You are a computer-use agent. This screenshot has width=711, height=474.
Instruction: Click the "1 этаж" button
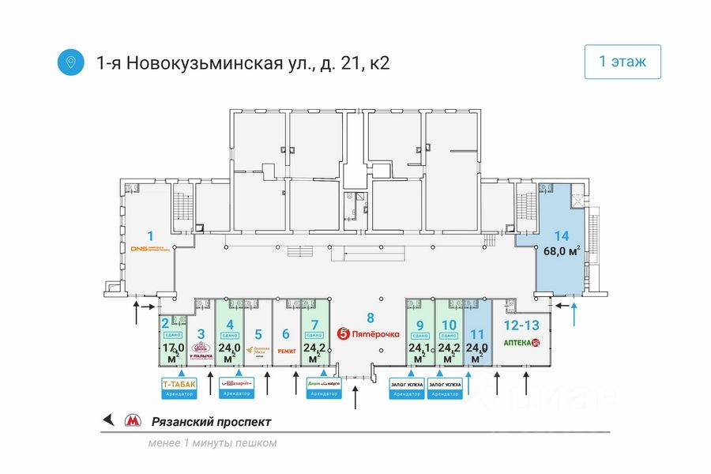click(623, 62)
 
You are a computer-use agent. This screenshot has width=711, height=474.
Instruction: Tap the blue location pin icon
click(71, 62)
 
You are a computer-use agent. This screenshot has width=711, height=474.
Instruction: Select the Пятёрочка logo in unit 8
click(368, 334)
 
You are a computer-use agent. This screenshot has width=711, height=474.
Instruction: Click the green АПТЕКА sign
click(522, 343)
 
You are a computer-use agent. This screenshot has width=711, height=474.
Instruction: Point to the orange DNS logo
click(149, 248)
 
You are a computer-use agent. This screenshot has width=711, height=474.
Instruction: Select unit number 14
click(561, 235)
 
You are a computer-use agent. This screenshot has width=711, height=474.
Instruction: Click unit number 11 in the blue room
click(476, 324)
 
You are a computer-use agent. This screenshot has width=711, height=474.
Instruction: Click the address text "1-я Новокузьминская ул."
click(204, 62)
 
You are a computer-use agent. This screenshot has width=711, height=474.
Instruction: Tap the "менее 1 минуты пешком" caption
click(213, 443)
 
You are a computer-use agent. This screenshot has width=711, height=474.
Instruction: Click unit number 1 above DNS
click(150, 235)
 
